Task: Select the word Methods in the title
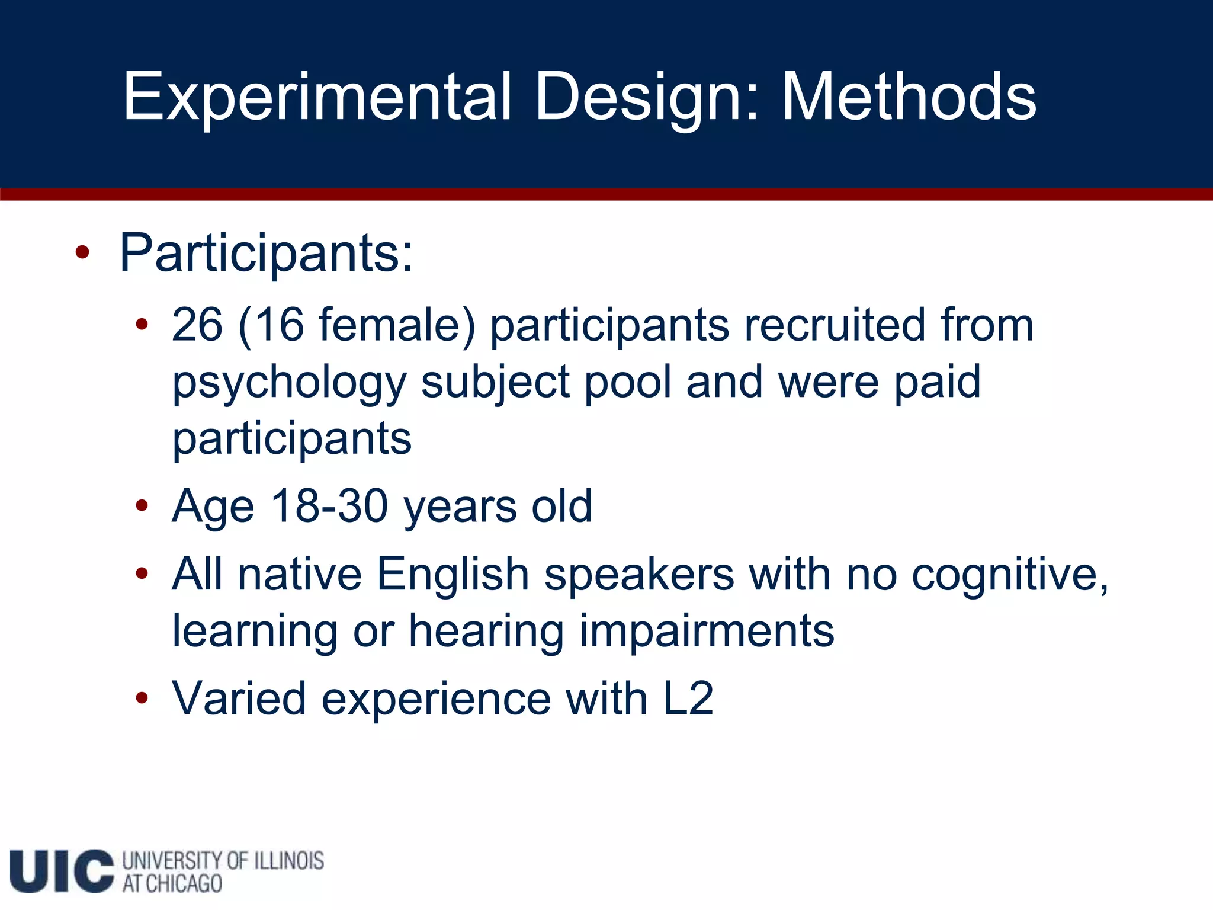pyautogui.click(x=909, y=97)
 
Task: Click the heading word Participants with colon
pyautogui.click(x=266, y=254)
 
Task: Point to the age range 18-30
pyautogui.click(x=329, y=506)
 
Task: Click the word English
pyautogui.click(x=453, y=574)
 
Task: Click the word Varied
pyautogui.click(x=239, y=698)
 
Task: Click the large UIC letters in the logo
pyautogui.click(x=62, y=870)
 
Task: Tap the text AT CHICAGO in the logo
pyautogui.click(x=172, y=883)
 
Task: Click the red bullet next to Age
pyautogui.click(x=141, y=506)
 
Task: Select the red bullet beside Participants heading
pyautogui.click(x=82, y=254)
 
